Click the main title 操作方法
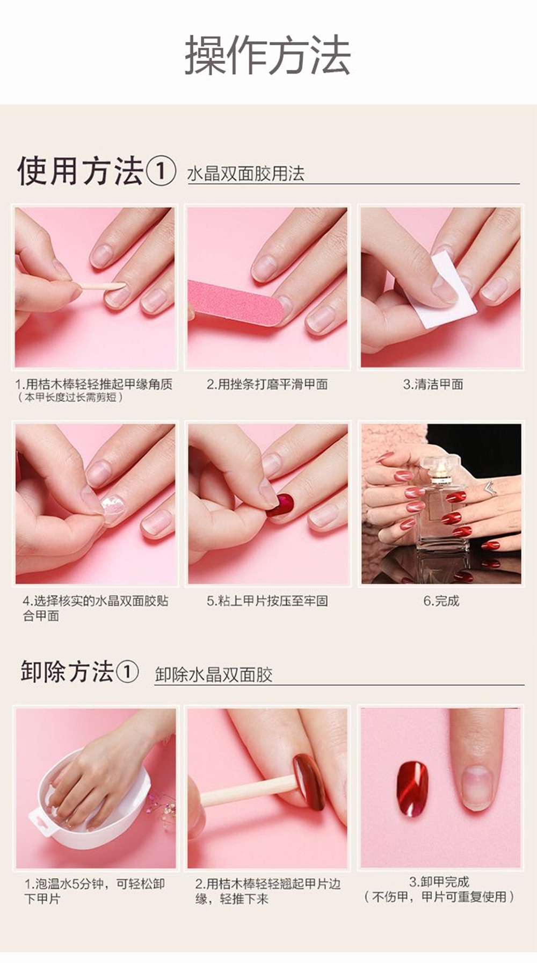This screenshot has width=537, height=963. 267,55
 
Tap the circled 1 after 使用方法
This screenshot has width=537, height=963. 161,171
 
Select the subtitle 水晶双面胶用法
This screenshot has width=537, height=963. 246,174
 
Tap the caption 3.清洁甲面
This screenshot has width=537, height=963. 433,384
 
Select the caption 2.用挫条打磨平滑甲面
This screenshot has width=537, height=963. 267,384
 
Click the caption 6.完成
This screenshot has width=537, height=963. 441,601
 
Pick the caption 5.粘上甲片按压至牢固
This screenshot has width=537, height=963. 267,601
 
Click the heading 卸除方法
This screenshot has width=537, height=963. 67,672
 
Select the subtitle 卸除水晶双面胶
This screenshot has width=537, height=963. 214,674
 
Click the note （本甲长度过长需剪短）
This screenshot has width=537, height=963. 70,397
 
